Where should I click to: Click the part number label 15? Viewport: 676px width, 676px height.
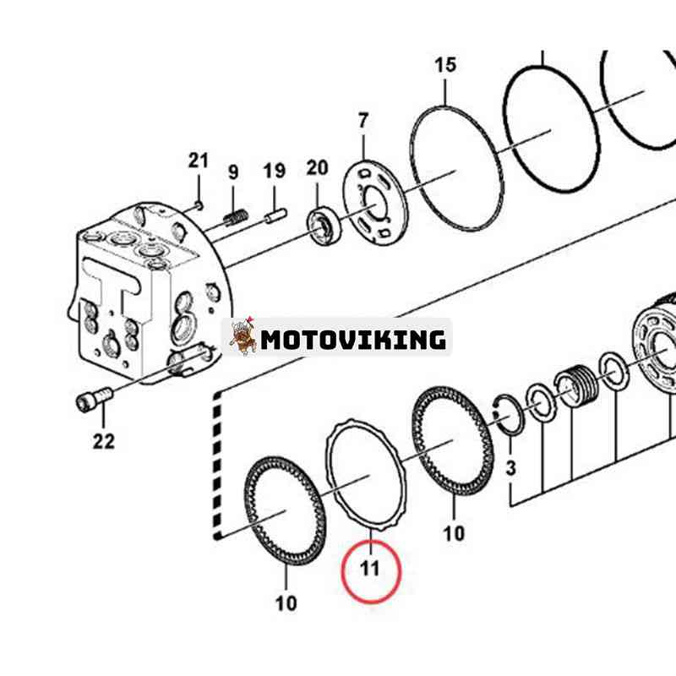coord(445,64)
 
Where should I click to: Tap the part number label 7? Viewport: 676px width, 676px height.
coord(363,121)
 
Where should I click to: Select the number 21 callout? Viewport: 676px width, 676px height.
coord(198,160)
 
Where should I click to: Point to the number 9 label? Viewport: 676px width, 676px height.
coord(233,172)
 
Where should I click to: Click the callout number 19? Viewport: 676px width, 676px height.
coord(274,172)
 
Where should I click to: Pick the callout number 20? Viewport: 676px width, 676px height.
coord(317,168)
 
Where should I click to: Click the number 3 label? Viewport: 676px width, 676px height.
coord(510,467)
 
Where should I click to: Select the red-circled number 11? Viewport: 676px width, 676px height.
coord(370,568)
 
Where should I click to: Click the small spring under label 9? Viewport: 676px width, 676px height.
coord(236,217)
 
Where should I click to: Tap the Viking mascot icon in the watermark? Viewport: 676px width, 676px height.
coord(243,337)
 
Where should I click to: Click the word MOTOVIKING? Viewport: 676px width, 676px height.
coord(352,340)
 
